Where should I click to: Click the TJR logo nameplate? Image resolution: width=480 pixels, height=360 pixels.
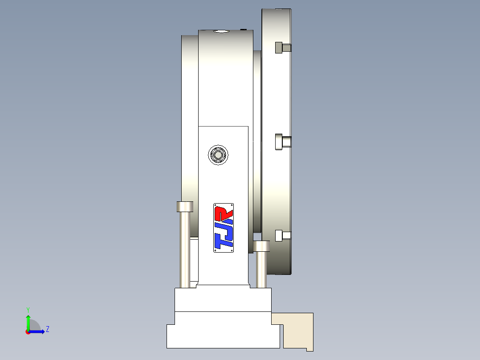[x=224, y=228]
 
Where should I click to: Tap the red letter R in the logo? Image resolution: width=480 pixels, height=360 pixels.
[x=224, y=213]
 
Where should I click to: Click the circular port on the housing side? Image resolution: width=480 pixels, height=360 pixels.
[x=219, y=155]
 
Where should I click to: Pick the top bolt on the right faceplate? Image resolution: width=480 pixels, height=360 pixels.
[x=283, y=47]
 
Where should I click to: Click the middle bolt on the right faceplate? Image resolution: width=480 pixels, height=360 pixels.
[x=283, y=142]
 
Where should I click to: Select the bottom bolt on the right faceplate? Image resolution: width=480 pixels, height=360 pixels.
[x=283, y=235]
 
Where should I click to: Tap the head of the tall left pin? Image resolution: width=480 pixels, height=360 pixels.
[x=185, y=207]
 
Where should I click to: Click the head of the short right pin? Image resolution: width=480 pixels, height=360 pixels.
[x=262, y=246]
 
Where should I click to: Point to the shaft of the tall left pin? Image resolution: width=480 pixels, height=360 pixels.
[x=185, y=250]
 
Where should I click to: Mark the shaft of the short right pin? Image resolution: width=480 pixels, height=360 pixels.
[x=261, y=270]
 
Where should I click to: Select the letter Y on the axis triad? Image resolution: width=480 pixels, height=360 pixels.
[x=28, y=309]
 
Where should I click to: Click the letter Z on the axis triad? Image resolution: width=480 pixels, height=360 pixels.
[x=47, y=329]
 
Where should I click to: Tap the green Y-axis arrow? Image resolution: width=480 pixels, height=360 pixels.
[x=28, y=321]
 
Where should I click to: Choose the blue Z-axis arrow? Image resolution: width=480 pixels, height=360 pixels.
[x=38, y=331]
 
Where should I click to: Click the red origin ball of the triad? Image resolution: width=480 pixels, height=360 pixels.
[x=28, y=331]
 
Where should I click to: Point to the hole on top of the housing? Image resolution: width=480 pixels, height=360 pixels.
[x=220, y=31]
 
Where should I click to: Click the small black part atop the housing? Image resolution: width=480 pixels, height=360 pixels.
[x=243, y=29]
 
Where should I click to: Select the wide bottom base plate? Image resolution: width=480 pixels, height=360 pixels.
[x=224, y=336]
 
